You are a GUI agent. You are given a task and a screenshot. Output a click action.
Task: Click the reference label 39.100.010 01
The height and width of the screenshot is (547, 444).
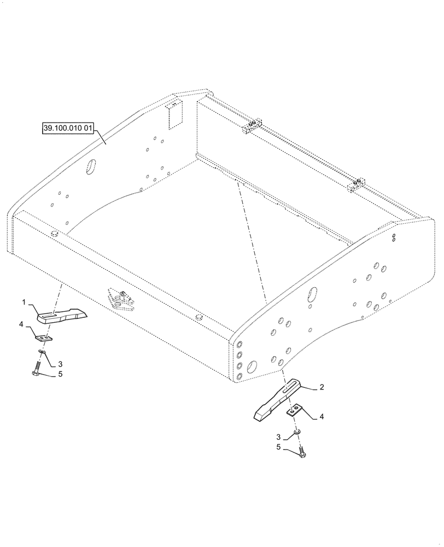coord(68,129)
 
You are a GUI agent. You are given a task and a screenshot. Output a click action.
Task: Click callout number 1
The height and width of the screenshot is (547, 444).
coord(24,301)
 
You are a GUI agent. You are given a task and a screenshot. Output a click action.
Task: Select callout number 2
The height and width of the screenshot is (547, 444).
coord(322,387)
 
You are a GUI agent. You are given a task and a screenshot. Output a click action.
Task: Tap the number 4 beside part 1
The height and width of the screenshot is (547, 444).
coord(21,324)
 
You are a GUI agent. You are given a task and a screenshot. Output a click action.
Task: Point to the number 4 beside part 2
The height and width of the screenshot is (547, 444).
coord(321,417)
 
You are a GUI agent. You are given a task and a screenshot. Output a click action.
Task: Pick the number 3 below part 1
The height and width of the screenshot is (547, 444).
coord(60,364)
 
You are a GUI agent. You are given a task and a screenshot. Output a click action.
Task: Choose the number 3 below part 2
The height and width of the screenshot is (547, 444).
coord(278,437)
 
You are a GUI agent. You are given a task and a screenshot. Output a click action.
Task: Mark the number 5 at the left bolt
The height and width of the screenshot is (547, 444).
coord(60,375)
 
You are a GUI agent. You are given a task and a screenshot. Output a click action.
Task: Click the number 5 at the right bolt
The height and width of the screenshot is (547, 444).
coord(278,447)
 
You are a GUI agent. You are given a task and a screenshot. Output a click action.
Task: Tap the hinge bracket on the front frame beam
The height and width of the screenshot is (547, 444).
coord(121,299)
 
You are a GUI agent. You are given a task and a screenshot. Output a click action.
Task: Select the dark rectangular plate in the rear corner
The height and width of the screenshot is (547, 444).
coord(174,115)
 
